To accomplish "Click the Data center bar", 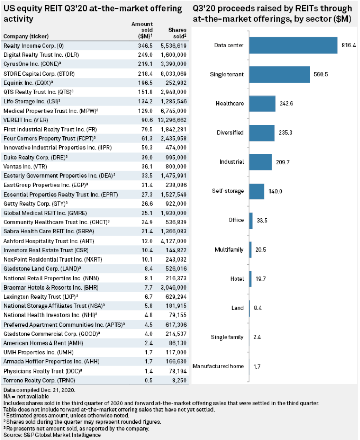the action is (x=293, y=45).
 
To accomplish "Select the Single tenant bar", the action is (x=279, y=75).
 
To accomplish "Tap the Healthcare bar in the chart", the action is (x=262, y=104).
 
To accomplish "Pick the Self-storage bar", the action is (x=256, y=191).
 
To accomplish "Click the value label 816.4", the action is (x=349, y=45).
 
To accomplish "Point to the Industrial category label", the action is (x=232, y=162).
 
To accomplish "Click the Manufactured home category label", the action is (x=218, y=366).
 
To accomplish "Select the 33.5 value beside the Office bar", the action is (x=262, y=220).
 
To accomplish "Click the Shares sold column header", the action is (x=177, y=33).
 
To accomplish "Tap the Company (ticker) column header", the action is (x=26, y=36).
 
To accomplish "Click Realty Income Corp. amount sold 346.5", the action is (x=145, y=46).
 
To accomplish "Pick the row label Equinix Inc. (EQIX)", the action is (x=28, y=83).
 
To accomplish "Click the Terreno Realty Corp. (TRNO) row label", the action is (x=39, y=380).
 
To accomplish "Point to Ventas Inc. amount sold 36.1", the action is (x=147, y=166).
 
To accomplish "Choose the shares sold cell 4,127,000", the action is (x=174, y=241).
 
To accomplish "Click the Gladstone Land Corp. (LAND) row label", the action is (x=42, y=269).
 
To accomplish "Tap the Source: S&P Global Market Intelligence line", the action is (x=52, y=435).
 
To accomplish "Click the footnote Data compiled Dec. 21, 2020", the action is (x=39, y=390).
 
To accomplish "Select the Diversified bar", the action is (x=262, y=133).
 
